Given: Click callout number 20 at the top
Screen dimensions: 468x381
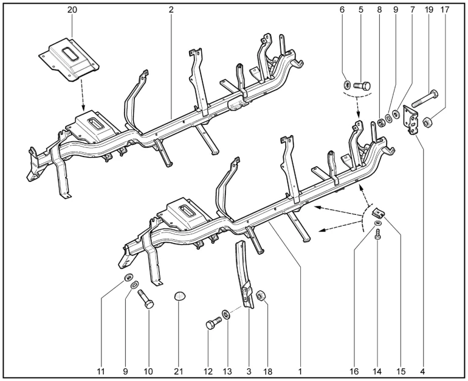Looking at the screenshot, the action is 72,10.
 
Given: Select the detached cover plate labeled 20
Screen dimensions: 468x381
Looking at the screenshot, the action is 69,58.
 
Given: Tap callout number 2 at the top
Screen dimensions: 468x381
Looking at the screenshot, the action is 171,10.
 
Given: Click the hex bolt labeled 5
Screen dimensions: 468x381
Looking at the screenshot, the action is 362,86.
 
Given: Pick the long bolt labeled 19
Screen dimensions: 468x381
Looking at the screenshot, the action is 425,99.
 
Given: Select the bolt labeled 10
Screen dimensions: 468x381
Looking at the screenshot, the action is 146,299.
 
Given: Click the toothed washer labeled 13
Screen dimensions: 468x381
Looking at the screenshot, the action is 226,315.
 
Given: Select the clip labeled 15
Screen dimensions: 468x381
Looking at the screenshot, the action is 377,213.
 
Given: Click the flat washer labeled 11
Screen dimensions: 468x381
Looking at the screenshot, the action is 129,278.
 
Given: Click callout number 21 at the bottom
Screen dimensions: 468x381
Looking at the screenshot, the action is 179,371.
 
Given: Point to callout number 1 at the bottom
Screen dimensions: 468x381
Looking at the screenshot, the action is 300,371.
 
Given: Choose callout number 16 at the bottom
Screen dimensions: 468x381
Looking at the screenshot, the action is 354,371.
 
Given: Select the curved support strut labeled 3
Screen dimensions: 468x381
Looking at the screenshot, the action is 246,275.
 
